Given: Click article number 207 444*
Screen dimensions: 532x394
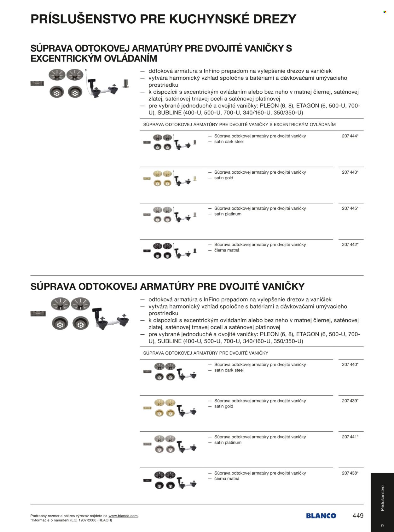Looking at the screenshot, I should click(350, 136).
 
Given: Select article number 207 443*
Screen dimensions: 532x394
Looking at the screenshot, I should click(350, 172).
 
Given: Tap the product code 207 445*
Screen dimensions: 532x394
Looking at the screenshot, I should click(350, 208).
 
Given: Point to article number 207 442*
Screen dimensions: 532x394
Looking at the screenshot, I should click(350, 245).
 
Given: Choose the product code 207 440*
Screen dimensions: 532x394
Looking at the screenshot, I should click(350, 365).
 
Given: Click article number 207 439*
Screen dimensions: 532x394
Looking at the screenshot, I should click(350, 401).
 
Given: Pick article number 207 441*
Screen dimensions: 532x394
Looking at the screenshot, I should click(350, 437).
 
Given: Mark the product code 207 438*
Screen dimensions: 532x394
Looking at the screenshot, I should click(350, 473).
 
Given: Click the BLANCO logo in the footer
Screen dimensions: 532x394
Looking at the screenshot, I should click(321, 516).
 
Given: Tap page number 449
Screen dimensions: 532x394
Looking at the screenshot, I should click(358, 516).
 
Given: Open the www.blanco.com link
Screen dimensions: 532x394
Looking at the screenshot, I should click(123, 516).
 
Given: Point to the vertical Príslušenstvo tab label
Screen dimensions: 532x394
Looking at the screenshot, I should click(382, 498).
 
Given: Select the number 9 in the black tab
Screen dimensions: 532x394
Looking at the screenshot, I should click(382, 526).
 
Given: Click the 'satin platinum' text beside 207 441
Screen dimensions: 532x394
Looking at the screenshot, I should click(228, 442).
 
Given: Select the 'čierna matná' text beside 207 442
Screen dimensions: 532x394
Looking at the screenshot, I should click(227, 250).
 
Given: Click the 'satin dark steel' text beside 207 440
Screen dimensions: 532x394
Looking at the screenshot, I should click(229, 370).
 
